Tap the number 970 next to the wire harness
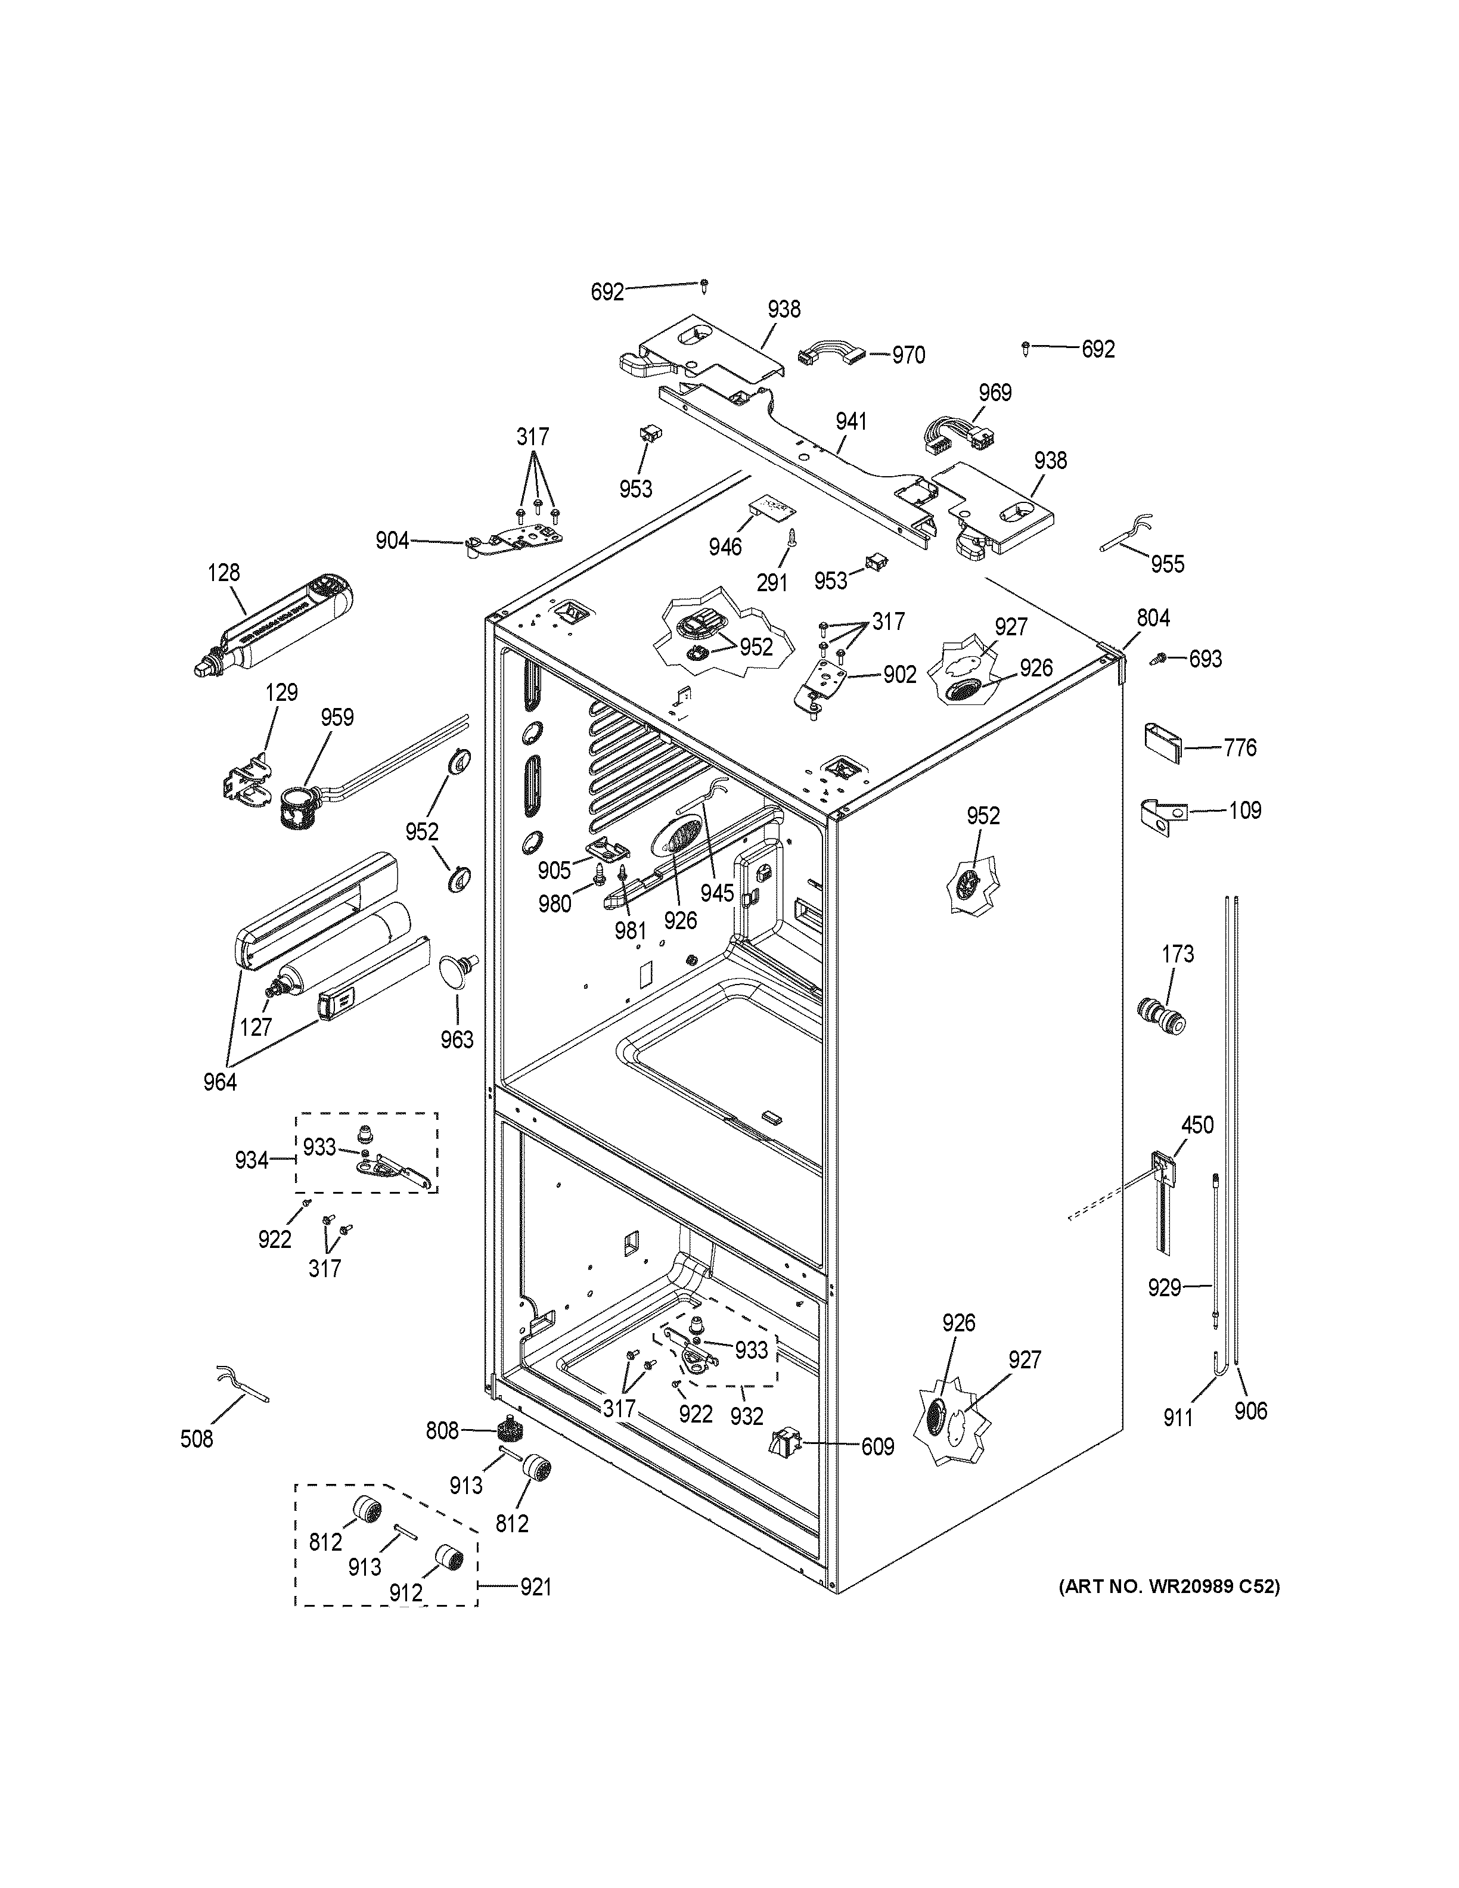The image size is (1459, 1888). [x=908, y=355]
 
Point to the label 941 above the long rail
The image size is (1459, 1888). [x=851, y=422]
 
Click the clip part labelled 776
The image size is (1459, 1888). [x=1163, y=740]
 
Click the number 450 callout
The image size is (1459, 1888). [x=1197, y=1125]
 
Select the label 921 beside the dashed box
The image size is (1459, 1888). [x=535, y=1586]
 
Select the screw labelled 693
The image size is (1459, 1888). [x=1156, y=660]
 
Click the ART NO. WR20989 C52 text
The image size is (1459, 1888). [x=1169, y=1586]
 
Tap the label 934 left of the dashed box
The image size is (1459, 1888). [x=252, y=1160]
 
